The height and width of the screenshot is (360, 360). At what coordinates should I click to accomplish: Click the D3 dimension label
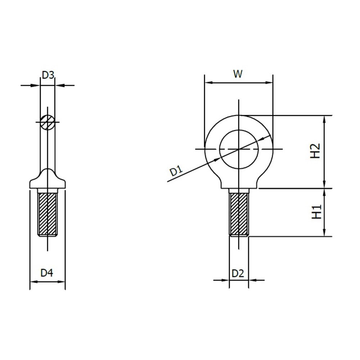click(x=48, y=75)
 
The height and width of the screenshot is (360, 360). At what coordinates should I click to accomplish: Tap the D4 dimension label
click(x=47, y=273)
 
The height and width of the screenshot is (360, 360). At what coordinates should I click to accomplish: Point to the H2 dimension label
click(x=315, y=151)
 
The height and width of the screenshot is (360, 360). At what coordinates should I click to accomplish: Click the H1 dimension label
click(x=316, y=212)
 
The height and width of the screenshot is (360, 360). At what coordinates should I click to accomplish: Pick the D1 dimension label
click(x=176, y=171)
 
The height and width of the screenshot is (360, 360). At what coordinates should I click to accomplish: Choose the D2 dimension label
click(x=238, y=273)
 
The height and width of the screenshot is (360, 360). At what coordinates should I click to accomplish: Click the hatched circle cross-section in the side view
click(x=48, y=122)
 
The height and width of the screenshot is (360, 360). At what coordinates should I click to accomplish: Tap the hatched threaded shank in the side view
click(x=48, y=213)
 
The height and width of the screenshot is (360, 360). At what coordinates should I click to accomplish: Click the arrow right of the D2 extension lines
click(x=253, y=280)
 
